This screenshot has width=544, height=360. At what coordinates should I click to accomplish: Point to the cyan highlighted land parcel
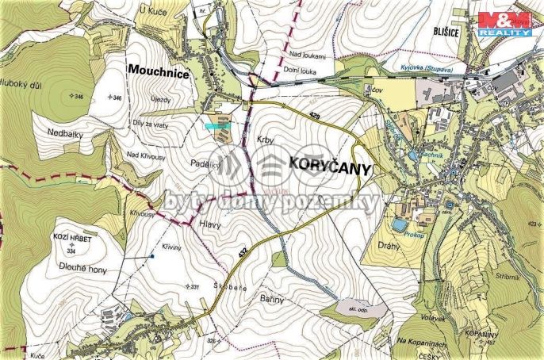coord(216,124)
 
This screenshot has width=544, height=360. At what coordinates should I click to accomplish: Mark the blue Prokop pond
coord(399,226)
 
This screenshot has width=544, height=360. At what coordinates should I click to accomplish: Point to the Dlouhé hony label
coord(80,270)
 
